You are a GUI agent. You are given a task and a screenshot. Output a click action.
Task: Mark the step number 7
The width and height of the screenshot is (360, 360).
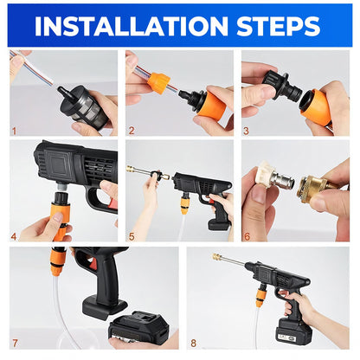[x=15, y=342]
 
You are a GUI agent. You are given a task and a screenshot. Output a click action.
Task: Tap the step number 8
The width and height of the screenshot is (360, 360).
[x=192, y=342]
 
